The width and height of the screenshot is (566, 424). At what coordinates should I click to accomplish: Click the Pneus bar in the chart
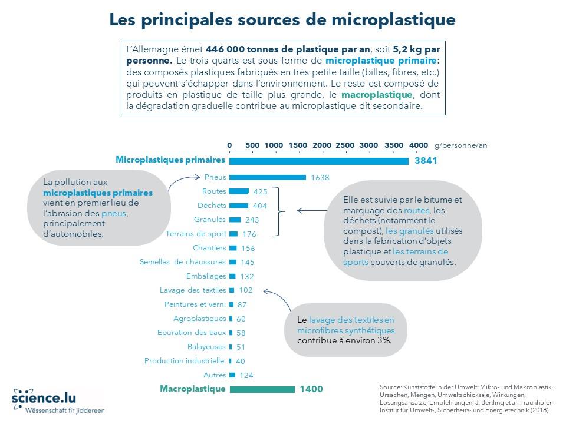[x=267, y=177]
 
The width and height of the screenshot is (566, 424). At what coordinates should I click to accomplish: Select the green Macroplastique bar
[x=262, y=389]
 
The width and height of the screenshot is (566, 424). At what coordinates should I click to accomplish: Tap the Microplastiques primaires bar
[x=318, y=161]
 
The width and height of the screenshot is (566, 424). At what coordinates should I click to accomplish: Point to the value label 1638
[x=320, y=177]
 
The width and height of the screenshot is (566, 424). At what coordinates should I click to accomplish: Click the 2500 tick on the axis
[x=344, y=145]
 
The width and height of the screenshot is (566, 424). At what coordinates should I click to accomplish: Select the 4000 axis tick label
[x=419, y=145]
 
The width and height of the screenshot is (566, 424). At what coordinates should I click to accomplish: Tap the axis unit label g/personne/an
[x=461, y=145]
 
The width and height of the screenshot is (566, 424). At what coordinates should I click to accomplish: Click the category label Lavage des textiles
[x=193, y=290]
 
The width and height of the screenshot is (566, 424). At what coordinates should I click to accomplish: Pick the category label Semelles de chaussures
[x=183, y=262]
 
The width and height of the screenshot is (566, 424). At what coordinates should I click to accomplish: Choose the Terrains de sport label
[x=196, y=234]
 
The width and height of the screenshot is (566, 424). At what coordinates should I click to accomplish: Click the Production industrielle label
[x=184, y=361]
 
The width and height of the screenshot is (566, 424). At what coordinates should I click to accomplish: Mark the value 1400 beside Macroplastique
[x=311, y=389]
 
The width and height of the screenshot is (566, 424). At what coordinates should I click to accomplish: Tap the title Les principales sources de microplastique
[x=282, y=19]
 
